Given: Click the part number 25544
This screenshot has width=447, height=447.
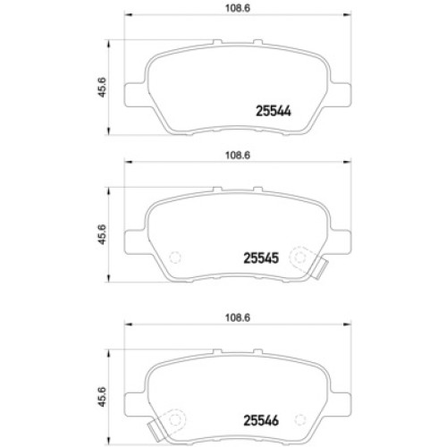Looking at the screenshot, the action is tap(274, 111).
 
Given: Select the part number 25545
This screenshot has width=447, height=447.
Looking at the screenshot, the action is tap(261, 258).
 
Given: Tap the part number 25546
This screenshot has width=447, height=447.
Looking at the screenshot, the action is tap(261, 420).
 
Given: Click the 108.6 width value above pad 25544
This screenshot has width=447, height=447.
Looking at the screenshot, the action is tap(238, 8).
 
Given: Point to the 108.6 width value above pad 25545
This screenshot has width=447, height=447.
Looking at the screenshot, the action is tap(238, 156).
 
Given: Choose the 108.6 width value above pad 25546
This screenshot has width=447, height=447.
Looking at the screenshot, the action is tap(238, 317).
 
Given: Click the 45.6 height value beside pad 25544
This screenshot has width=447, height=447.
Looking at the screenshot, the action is tap(102, 87).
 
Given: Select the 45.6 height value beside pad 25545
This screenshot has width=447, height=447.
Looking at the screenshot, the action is tap(102, 234).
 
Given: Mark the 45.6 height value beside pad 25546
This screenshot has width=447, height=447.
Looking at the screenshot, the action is tap(102, 397).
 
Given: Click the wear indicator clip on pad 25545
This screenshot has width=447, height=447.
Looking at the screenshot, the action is tap(321, 269).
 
